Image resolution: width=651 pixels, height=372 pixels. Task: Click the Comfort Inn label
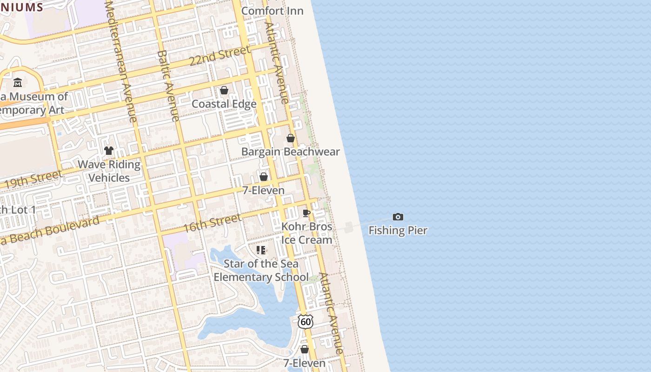point(272,11)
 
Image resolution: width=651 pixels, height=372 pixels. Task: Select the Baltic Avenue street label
point(168,86)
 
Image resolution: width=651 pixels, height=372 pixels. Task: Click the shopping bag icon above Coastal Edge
point(224,90)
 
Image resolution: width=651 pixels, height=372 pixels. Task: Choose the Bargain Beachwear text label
point(290,152)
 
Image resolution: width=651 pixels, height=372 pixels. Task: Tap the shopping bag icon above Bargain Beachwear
point(291,138)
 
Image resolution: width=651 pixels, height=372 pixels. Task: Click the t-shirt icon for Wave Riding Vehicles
point(109,151)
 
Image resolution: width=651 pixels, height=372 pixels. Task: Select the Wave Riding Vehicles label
point(109,171)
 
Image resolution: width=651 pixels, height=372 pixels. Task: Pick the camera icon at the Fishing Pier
point(398,217)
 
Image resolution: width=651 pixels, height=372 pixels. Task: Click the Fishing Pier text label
point(398,230)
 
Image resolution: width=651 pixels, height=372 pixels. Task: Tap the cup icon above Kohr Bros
point(306,213)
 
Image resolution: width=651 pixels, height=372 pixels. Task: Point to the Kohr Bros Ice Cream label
point(307,233)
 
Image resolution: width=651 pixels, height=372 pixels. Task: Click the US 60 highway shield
point(306,321)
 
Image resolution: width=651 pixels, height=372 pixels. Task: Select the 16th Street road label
point(212,223)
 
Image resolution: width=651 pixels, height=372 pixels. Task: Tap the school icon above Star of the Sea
point(261,250)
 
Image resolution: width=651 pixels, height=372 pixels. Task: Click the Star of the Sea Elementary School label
point(261,270)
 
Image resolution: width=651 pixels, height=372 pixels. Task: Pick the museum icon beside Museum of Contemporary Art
point(18,83)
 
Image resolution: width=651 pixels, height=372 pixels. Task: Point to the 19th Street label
point(33,179)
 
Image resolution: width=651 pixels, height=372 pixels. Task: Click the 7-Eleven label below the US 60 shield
point(305,363)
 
